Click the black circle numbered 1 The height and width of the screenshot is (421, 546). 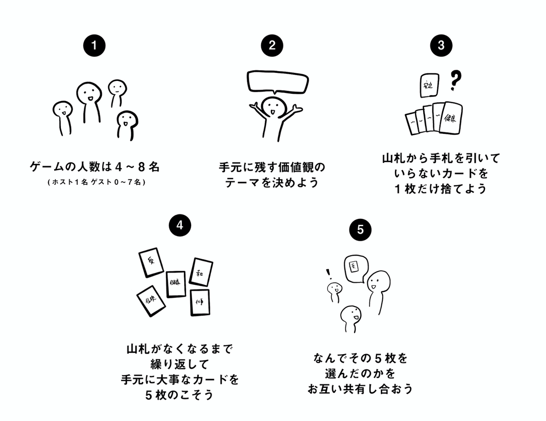coord(94,46)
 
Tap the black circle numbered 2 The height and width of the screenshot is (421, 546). coord(272,46)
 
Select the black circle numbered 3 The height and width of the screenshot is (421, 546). coord(440,46)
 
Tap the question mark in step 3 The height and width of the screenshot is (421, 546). coord(453,81)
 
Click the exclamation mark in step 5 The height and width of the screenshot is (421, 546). coord(328,274)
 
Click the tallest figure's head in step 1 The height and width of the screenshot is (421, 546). coord(87,93)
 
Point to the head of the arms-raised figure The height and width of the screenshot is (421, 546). coord(272,108)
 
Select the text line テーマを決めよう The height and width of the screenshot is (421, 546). coord(272,184)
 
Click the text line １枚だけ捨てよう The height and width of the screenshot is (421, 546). coord(440,189)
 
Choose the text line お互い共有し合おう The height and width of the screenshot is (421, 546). coord(359,389)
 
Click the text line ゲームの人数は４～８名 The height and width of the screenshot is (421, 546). coord(94,167)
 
